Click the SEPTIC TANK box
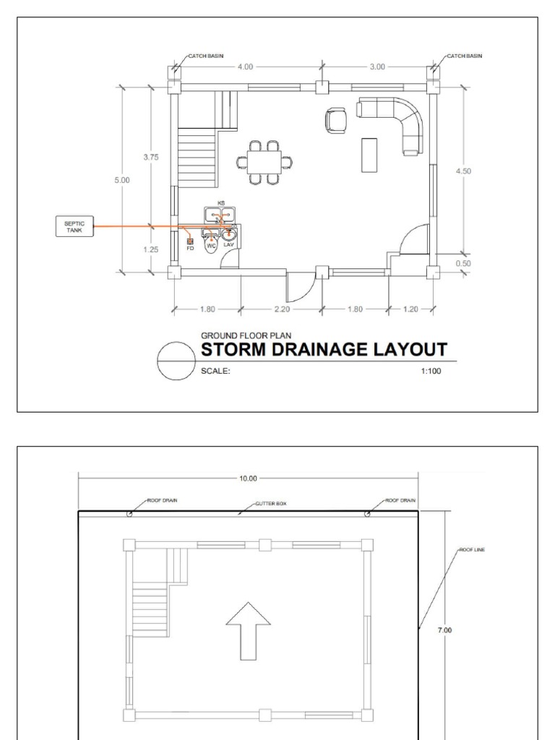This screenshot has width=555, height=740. click(x=74, y=227)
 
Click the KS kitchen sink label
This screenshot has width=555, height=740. click(x=221, y=204)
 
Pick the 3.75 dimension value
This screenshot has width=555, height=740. click(x=151, y=157)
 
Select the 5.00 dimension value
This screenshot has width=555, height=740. click(x=122, y=180)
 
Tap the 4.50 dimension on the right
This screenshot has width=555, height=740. click(x=464, y=171)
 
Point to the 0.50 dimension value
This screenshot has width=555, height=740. click(x=464, y=264)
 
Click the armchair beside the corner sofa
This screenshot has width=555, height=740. click(x=336, y=120)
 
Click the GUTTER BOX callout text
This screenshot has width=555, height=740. click(x=271, y=503)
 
